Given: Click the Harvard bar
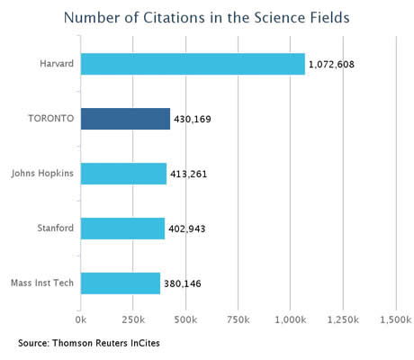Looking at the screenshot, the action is [193, 64].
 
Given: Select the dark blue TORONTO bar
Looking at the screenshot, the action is [125, 119].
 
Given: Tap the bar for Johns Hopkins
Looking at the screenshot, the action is [123, 174].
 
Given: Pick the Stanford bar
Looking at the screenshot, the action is [122, 229].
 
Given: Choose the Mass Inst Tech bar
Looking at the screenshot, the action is [121, 283].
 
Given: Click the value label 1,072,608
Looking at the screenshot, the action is [331, 65].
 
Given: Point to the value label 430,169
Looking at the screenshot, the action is [193, 120].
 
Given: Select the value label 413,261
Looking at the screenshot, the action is [189, 175].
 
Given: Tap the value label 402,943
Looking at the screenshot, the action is [187, 229].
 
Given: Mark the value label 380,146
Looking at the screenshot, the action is [183, 283].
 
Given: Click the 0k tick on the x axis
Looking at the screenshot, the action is [81, 319].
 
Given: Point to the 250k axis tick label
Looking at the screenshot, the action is [133, 319].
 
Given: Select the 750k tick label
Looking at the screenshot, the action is [238, 319].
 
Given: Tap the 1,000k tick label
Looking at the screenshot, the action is [291, 320].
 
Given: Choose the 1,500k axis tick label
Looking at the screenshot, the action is [396, 320].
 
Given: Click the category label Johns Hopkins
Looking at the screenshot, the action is [42, 174].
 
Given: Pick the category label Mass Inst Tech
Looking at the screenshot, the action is [42, 283].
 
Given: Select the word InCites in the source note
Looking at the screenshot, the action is [145, 343].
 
